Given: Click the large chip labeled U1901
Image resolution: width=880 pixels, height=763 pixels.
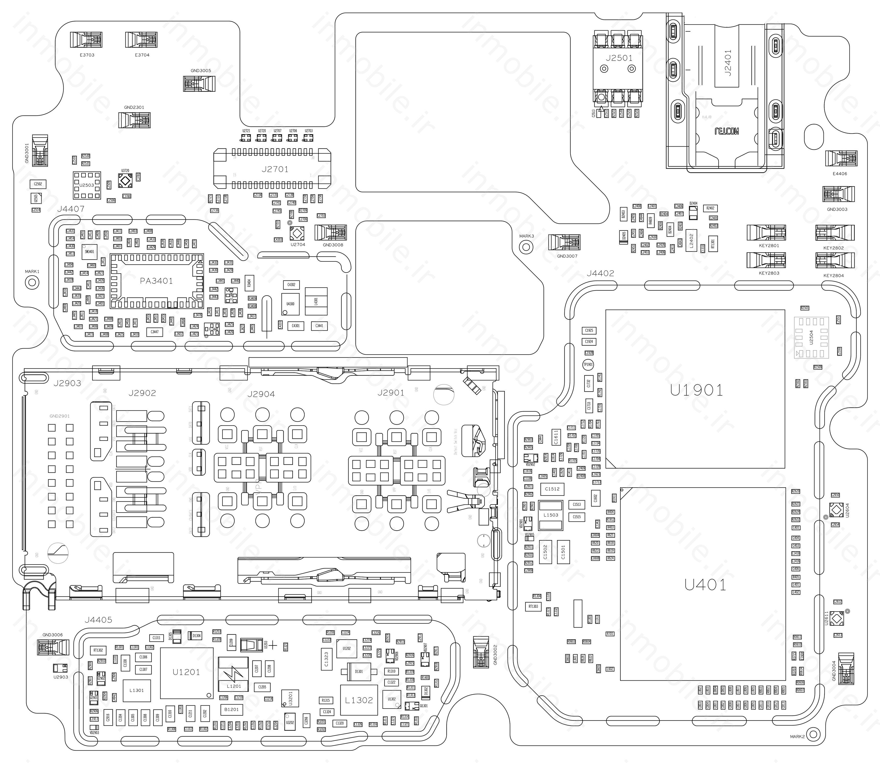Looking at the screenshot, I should (695, 389).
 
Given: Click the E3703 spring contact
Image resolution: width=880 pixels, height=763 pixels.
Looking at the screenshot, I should (86, 40).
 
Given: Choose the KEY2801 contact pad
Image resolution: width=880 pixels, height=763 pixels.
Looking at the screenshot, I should (766, 232).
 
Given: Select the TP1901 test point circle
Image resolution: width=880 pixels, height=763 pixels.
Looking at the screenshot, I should (588, 364).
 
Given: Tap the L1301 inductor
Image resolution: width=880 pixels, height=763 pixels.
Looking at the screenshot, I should (136, 690).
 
